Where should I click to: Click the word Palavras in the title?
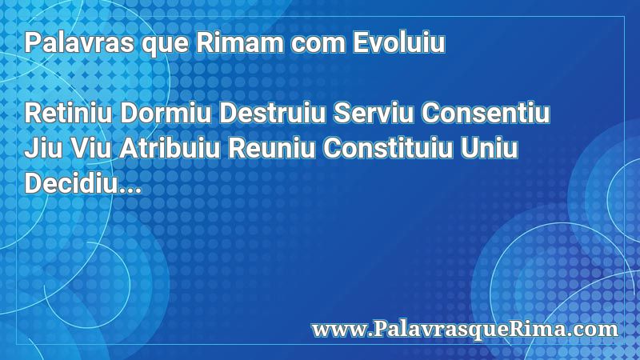pyautogui.click(x=79, y=42)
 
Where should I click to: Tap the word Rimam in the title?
pyautogui.click(x=240, y=42)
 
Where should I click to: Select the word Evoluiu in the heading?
pyautogui.click(x=398, y=42)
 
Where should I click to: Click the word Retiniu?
pyautogui.click(x=68, y=113)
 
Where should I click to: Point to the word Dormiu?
pyautogui.click(x=166, y=113)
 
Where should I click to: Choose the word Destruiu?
pyautogui.click(x=272, y=113)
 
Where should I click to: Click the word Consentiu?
pyautogui.click(x=486, y=113)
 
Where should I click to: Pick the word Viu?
pyautogui.click(x=90, y=148)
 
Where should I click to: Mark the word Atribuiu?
pyautogui.click(x=170, y=148)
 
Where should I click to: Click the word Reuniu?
pyautogui.click(x=271, y=148)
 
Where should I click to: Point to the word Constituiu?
pyautogui.click(x=388, y=148)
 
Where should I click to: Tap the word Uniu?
pyautogui.click(x=489, y=148)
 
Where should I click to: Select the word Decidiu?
pyautogui.click(x=71, y=183)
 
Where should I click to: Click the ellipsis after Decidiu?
pyautogui.click(x=130, y=190)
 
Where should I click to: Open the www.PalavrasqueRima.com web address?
pyautogui.click(x=465, y=330)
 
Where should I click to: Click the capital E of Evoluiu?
pyautogui.click(x=361, y=42)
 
